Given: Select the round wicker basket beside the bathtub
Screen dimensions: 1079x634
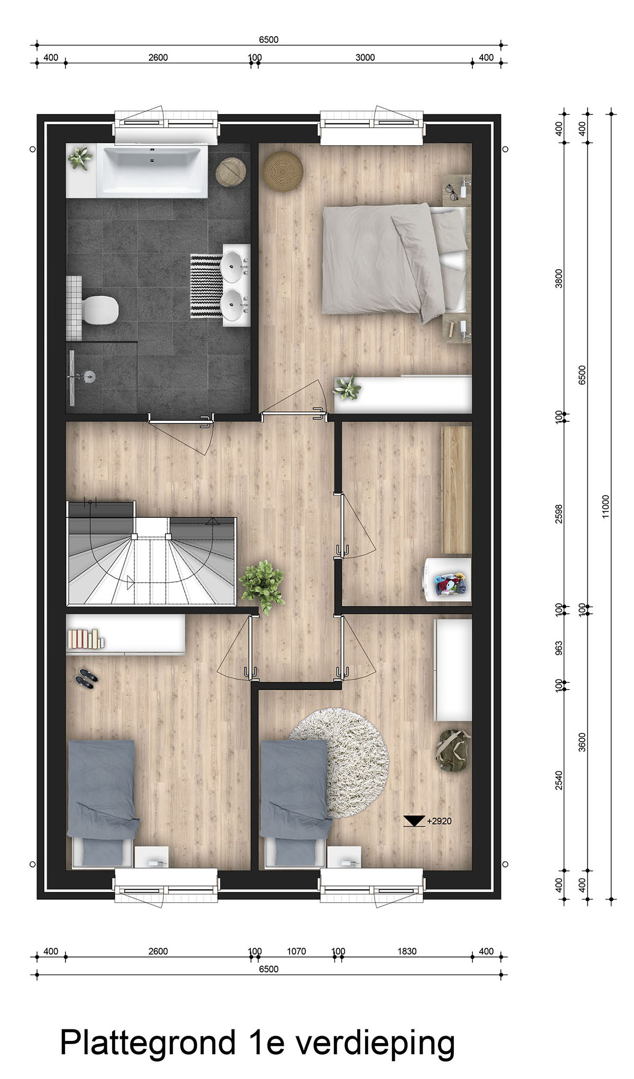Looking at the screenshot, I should pos(231,172).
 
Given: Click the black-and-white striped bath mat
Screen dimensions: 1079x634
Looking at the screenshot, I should pos(206,286).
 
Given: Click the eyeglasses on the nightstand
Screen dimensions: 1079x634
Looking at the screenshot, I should pos(451,191).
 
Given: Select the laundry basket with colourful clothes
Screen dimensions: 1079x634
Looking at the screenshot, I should pos(450,584).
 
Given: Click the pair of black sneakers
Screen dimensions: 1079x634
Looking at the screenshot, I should pos(87,678).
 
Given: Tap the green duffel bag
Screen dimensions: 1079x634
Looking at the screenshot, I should pos(453,750).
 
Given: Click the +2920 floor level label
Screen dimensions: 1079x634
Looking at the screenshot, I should pos(439,821).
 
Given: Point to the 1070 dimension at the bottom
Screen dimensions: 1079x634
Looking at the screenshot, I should pos(296,951).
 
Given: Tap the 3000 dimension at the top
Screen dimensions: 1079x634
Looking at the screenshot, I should pos(365,58).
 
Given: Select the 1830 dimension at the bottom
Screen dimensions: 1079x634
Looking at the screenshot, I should pos(407,951).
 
